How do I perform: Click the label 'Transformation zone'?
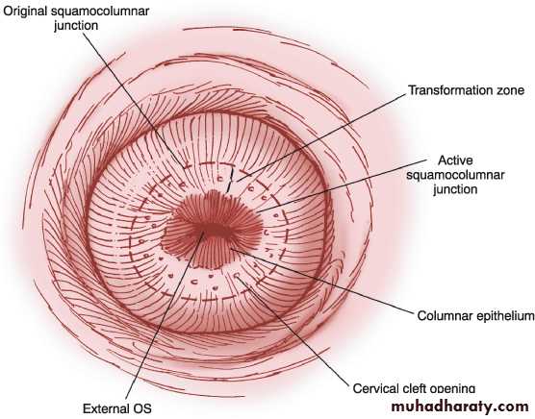(x=467, y=90)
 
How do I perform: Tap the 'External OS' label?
(x=117, y=408)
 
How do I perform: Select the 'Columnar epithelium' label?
(x=475, y=316)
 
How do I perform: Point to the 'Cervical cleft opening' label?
(x=414, y=388)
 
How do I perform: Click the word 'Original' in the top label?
(x=25, y=12)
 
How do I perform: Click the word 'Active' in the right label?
(x=455, y=160)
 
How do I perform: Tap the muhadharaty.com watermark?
(x=460, y=407)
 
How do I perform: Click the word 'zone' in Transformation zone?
(x=509, y=90)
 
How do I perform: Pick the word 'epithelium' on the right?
(x=505, y=316)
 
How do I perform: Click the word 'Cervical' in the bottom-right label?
(x=373, y=388)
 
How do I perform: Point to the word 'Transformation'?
(x=449, y=90)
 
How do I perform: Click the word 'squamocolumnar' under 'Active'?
(x=455, y=175)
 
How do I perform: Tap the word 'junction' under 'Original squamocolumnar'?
(x=76, y=26)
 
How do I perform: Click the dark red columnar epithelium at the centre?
(x=212, y=229)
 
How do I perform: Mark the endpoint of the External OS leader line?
(x=203, y=233)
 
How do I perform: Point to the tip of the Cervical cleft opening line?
(x=237, y=277)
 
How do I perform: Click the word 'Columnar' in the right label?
(x=445, y=316)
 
